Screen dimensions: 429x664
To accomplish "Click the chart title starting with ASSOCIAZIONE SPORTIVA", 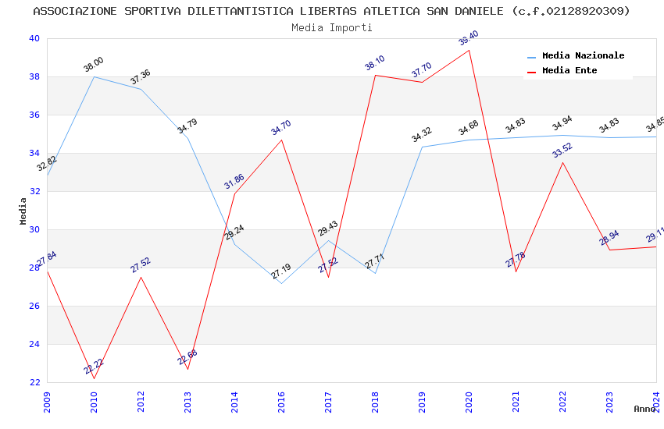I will (331, 11).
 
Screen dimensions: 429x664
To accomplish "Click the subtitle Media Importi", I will (331, 27).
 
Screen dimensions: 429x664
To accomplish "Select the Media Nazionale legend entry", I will (583, 56).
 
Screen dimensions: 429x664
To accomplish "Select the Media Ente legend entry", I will (569, 71).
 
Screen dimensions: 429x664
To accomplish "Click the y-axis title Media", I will (23, 211).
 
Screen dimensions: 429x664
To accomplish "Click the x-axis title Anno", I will (644, 409).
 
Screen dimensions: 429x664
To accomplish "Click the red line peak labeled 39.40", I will (469, 50).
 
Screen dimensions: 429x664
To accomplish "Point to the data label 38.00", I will (94, 65).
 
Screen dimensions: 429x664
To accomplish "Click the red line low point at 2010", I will (94, 378).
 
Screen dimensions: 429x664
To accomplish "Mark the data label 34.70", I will (281, 128).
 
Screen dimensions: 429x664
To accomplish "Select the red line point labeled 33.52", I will (562, 162).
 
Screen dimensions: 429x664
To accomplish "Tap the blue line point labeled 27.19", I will (281, 283).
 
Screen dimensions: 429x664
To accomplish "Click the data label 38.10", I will (375, 63).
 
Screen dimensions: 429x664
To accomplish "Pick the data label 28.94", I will (609, 238).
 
